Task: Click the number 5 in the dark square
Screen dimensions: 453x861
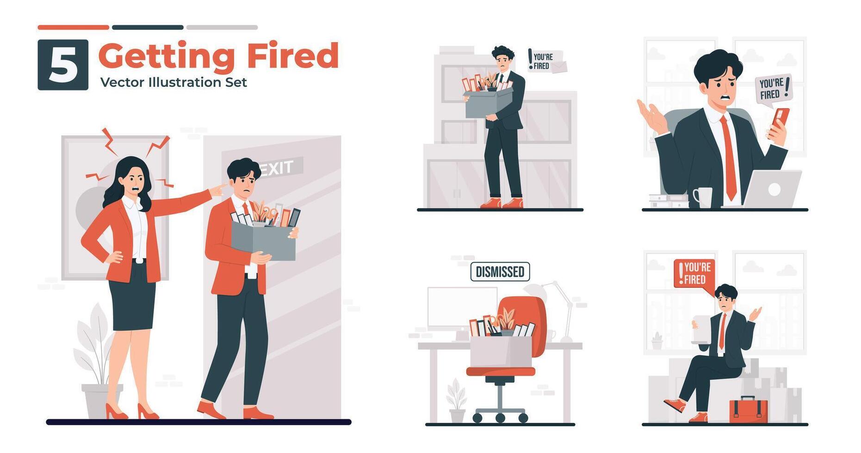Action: coord(63,65)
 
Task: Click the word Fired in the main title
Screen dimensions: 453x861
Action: coord(292,56)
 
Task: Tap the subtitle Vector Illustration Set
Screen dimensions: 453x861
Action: coord(173,82)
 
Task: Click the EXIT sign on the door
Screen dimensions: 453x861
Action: coord(277,168)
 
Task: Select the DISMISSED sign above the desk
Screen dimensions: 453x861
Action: coord(500,272)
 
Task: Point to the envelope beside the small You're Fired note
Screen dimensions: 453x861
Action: coord(559,67)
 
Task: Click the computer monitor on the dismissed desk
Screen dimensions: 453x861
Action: coord(461,307)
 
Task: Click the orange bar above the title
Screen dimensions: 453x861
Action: coord(73,27)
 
